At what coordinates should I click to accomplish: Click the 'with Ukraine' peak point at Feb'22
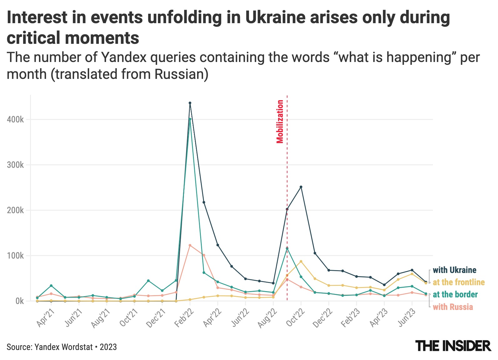click(x=190, y=103)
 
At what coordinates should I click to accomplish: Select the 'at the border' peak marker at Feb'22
click(x=190, y=119)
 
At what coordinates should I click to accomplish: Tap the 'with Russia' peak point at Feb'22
click(x=190, y=245)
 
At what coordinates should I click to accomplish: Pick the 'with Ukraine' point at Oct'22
click(x=301, y=187)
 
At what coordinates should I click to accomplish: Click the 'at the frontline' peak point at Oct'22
click(x=301, y=261)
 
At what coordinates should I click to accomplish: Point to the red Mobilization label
click(x=280, y=121)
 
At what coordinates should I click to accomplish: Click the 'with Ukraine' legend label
click(x=455, y=270)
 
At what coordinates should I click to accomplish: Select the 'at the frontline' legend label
click(x=459, y=282)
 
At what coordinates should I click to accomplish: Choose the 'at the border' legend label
click(x=455, y=295)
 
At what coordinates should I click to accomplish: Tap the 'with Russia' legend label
click(x=453, y=307)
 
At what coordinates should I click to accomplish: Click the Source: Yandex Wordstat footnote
click(x=62, y=347)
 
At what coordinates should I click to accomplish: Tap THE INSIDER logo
click(x=453, y=346)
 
